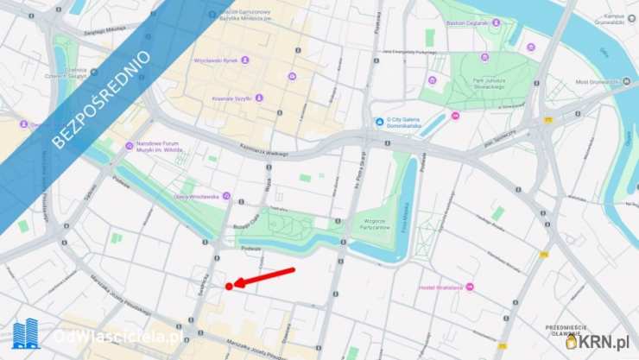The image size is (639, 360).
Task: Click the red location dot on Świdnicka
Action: [229, 286]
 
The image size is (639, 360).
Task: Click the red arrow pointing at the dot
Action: [265, 277]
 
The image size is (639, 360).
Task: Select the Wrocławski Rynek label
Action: [216, 60]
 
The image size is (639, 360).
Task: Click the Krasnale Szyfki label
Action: [231, 98]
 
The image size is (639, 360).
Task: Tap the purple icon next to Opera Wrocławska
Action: [226, 196]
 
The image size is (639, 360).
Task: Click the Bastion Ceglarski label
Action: [466, 23]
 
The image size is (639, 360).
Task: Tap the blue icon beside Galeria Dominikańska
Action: [379, 122]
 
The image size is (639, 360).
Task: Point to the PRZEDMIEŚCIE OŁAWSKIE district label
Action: [567, 329]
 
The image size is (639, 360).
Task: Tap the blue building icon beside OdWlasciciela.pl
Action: [26, 334]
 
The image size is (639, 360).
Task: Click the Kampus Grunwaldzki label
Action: [614, 19]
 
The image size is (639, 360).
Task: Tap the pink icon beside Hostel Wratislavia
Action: [412, 287]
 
